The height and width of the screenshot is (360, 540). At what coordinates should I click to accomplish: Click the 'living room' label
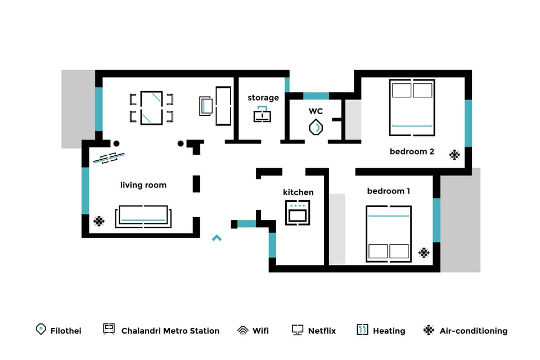[143, 185]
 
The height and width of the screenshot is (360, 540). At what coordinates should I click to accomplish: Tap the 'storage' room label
[263, 98]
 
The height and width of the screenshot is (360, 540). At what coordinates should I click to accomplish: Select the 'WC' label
[316, 111]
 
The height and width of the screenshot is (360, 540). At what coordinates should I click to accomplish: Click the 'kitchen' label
[298, 192]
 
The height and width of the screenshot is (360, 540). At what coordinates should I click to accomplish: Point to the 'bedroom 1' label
[388, 191]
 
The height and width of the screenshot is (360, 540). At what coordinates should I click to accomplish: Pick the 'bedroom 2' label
[412, 151]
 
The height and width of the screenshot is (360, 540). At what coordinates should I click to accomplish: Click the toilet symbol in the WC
[316, 128]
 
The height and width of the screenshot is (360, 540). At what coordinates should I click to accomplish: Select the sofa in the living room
[143, 217]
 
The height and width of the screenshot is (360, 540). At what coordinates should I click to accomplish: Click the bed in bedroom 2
[412, 107]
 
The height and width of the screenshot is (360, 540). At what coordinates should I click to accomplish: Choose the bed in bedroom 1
[389, 234]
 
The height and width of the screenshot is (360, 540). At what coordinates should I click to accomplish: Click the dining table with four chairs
[151, 107]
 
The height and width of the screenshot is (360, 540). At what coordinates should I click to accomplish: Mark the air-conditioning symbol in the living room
[99, 221]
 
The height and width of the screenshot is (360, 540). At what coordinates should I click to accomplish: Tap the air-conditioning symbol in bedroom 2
[454, 155]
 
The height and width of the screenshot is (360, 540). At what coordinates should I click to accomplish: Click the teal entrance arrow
[217, 238]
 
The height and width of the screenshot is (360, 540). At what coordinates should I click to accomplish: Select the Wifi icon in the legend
[242, 330]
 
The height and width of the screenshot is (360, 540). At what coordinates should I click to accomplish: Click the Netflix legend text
[322, 331]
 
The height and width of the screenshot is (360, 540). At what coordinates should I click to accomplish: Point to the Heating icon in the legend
[362, 330]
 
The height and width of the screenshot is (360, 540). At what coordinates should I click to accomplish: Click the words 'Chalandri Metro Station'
[170, 331]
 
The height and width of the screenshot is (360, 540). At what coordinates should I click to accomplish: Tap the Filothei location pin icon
[40, 330]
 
